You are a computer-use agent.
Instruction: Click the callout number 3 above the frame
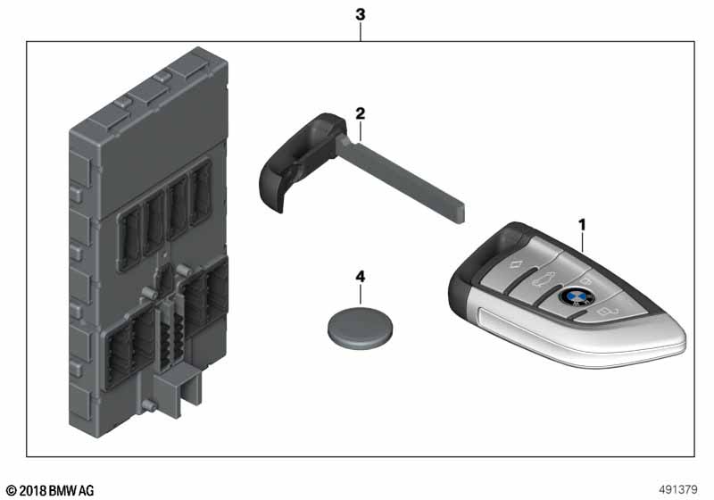pyautogui.click(x=361, y=14)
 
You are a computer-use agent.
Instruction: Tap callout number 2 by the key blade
pyautogui.click(x=361, y=113)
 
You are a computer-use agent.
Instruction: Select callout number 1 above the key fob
pyautogui.click(x=582, y=225)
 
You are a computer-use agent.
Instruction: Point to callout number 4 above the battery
pyautogui.click(x=361, y=277)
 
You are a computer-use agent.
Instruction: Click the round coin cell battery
pyautogui.click(x=361, y=328)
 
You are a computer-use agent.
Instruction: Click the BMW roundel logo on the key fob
pyautogui.click(x=577, y=297)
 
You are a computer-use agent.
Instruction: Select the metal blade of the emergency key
pyautogui.click(x=401, y=181)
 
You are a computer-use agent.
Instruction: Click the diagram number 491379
pyautogui.click(x=678, y=489)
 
